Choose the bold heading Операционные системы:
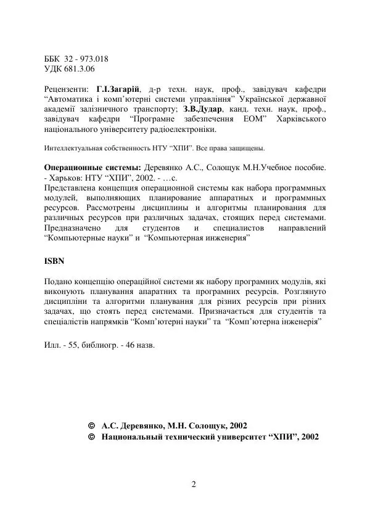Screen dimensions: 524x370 (x=93, y=167)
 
